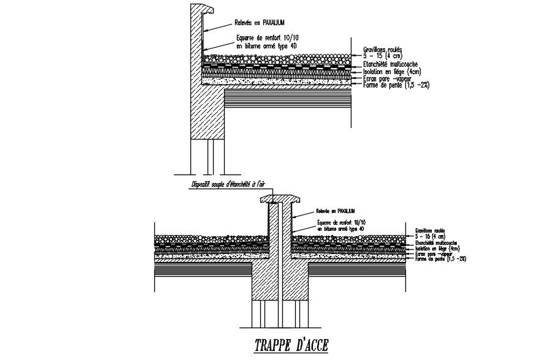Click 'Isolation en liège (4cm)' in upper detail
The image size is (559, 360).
pyautogui.click(x=385, y=71)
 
